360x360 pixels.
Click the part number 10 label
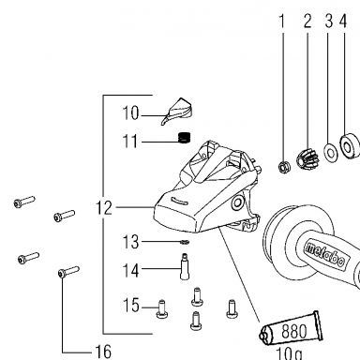(x=130, y=113)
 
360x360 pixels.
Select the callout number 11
(x=130, y=142)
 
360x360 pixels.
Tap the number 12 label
(x=104, y=207)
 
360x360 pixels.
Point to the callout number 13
(x=130, y=242)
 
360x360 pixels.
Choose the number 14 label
(x=130, y=271)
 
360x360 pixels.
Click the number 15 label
(x=131, y=306)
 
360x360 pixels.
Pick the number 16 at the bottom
(x=103, y=352)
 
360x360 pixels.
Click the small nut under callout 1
(x=284, y=167)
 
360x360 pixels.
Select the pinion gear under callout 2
(x=307, y=158)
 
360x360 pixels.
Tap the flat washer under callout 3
(x=331, y=153)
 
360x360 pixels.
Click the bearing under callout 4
(x=349, y=146)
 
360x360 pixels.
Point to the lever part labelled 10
(x=176, y=112)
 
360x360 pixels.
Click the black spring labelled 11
(x=184, y=138)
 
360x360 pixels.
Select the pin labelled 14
(x=185, y=266)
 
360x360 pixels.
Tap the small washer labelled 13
(x=185, y=242)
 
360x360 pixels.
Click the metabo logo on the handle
(x=325, y=255)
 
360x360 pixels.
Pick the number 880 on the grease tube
(x=294, y=331)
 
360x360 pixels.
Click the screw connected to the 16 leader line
(x=68, y=272)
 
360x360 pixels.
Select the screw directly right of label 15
(x=162, y=308)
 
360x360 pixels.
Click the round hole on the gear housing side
(x=237, y=203)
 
